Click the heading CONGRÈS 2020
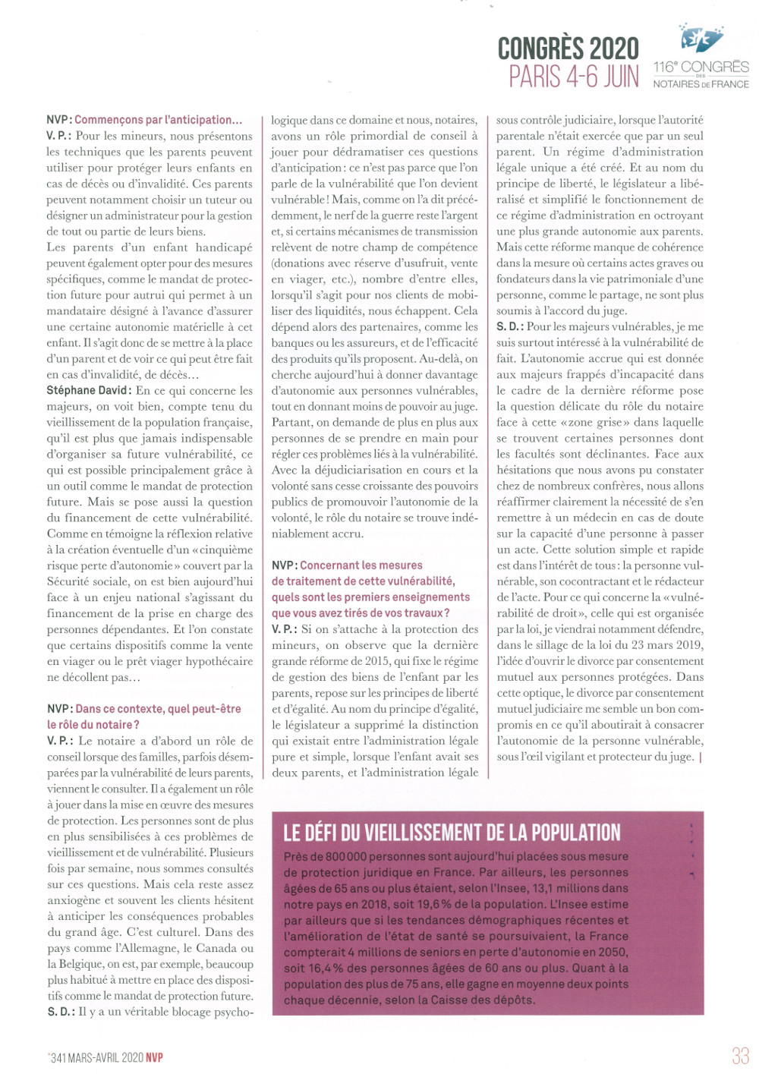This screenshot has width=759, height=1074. click(x=568, y=49)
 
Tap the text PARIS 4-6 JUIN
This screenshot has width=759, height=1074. click(x=573, y=77)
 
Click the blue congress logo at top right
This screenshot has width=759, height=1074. click(x=701, y=38)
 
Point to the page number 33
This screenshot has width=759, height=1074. click(x=740, y=1056)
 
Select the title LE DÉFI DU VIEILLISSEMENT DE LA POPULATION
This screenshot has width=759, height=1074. click(x=452, y=833)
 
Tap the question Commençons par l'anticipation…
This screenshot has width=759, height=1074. click(x=158, y=120)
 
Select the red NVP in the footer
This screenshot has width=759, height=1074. click(x=155, y=1057)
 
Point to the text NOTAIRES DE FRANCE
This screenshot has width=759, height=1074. click(x=701, y=84)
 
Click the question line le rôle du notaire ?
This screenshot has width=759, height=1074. click(x=93, y=724)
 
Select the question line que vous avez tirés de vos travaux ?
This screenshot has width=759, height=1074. click(x=361, y=613)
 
